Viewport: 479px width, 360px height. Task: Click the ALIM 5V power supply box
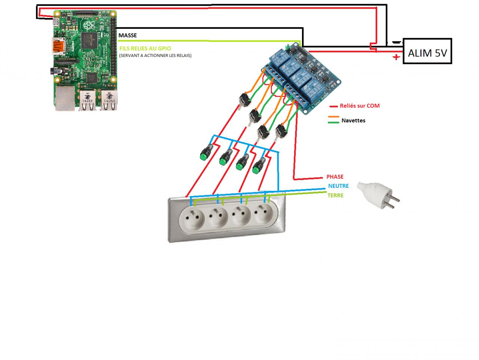click(427, 51)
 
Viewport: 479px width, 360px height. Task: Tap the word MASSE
click(128, 35)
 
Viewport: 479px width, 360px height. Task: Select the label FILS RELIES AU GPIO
click(145, 48)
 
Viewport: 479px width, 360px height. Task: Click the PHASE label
click(335, 177)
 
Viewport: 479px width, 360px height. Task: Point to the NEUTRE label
click(338, 186)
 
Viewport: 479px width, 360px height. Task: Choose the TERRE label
click(335, 195)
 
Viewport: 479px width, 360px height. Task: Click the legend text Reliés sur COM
click(360, 106)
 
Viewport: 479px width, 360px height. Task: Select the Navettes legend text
click(353, 120)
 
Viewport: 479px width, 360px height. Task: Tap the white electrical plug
click(378, 195)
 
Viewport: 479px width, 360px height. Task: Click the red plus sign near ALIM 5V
click(396, 57)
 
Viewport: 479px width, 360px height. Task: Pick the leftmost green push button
click(206, 153)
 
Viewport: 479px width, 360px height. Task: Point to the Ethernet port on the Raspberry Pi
click(64, 98)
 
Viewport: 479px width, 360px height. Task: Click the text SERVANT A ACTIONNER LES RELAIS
click(155, 56)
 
